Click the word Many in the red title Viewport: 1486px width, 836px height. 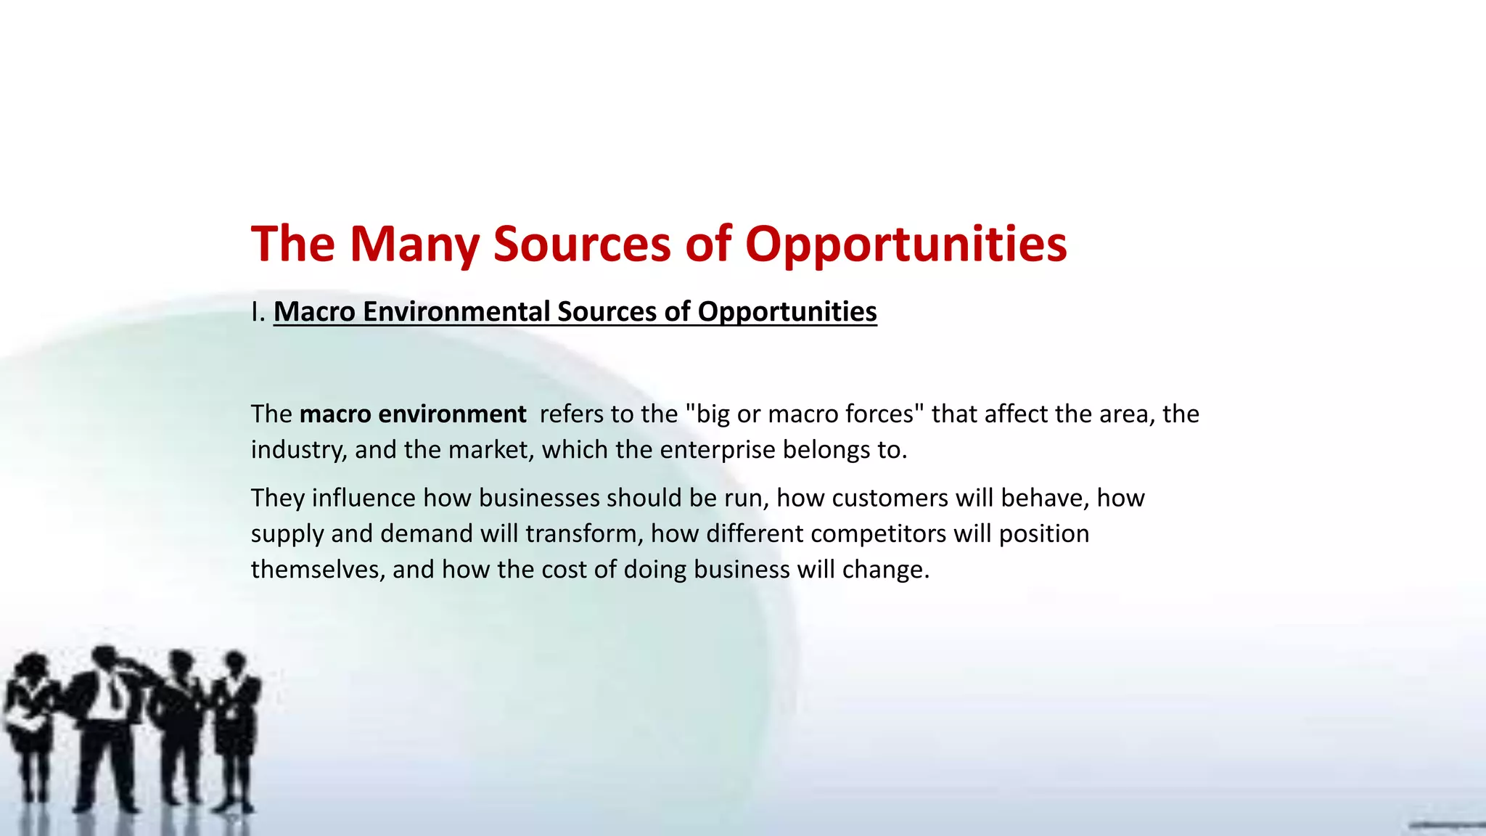tap(414, 245)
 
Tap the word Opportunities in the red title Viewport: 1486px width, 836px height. tap(906, 245)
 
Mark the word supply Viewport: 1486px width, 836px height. tap(287, 533)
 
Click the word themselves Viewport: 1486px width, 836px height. tap(316, 569)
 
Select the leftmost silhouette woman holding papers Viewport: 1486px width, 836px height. tap(30, 718)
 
